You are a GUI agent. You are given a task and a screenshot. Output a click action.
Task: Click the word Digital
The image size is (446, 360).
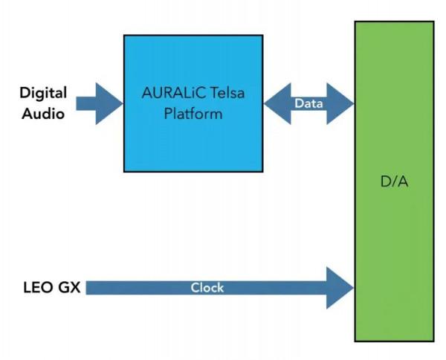click(43, 94)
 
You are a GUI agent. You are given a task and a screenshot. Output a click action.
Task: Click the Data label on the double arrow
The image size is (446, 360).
click(308, 103)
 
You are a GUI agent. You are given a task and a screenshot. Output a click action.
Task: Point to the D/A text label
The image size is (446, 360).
click(393, 182)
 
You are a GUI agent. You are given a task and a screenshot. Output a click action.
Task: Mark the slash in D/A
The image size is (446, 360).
click(393, 182)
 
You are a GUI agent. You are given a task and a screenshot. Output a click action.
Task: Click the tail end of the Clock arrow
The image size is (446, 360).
click(91, 287)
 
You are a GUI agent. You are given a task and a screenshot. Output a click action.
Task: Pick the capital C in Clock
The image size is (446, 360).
click(195, 287)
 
